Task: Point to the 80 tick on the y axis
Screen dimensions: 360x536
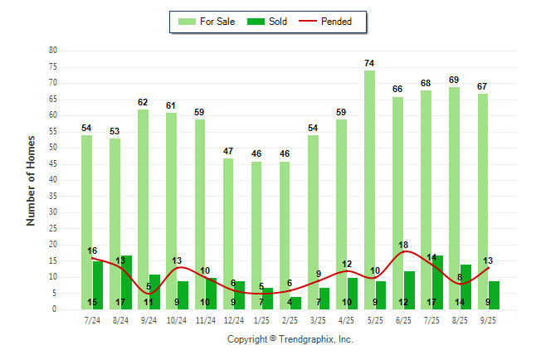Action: pos(52,51)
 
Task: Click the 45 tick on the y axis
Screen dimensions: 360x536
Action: pos(52,164)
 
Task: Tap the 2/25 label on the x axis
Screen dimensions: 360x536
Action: pos(290,319)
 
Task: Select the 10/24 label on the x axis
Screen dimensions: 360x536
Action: pos(177,319)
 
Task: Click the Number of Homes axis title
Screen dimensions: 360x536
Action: pos(31,180)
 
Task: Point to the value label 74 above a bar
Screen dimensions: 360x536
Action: pos(369,63)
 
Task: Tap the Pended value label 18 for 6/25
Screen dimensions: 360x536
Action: pos(404,245)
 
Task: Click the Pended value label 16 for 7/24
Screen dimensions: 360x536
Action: pos(92,251)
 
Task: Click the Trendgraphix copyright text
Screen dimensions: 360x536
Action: pos(290,339)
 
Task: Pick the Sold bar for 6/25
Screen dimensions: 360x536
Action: pos(409,289)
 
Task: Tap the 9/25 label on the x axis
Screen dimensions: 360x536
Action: pos(489,319)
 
